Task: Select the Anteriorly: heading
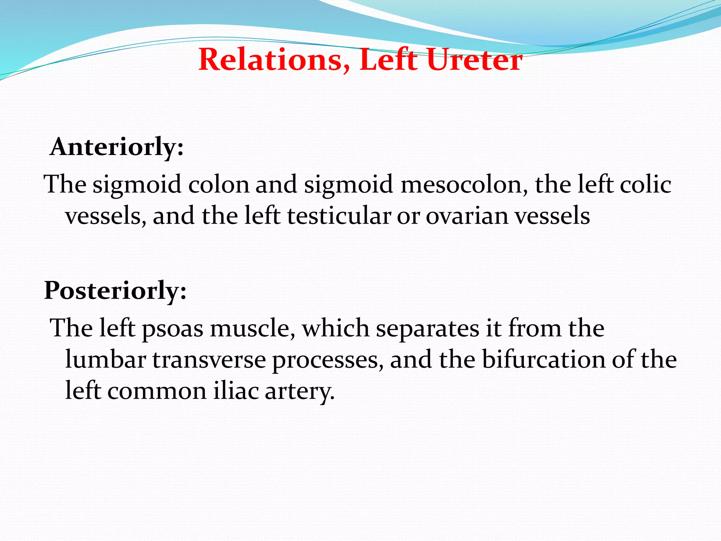click(x=117, y=147)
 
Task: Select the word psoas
click(x=173, y=329)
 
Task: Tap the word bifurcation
click(x=544, y=360)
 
